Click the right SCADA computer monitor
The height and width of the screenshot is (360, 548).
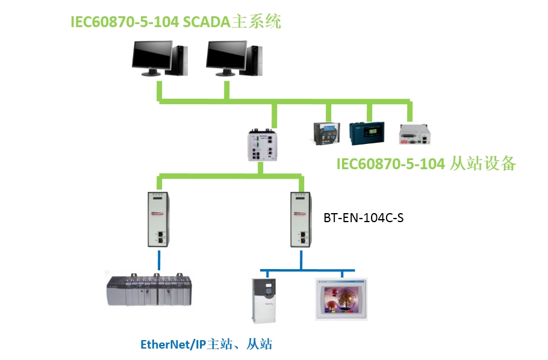tap(226, 55)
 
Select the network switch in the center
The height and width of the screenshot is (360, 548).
tap(264, 144)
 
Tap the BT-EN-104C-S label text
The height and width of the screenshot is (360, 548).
tap(363, 219)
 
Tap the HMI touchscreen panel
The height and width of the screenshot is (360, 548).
tap(340, 297)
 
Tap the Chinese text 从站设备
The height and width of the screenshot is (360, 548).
tap(482, 163)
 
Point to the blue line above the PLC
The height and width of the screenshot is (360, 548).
tap(159, 260)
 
